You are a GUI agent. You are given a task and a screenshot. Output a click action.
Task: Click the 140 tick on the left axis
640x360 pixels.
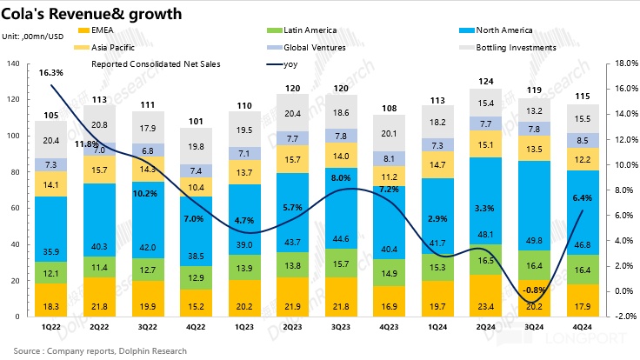tap(14, 63)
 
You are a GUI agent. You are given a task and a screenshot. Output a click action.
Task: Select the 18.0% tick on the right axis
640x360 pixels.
tap(624, 63)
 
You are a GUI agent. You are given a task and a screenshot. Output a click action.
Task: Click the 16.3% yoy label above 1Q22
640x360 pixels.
tap(50, 73)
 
